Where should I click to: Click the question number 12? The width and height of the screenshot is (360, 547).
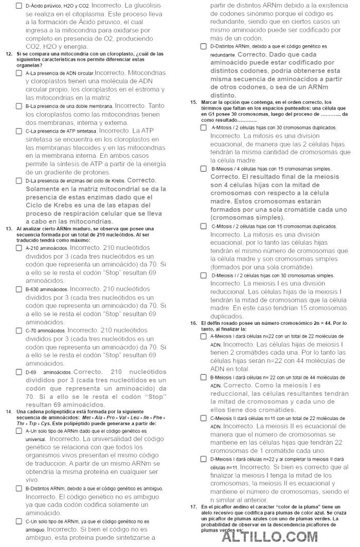coord(9,53)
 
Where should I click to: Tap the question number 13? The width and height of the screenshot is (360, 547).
coord(9,229)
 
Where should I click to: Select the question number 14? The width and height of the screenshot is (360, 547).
coord(9,412)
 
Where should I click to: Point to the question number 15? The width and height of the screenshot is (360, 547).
coord(193,102)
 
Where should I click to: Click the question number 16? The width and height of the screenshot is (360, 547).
coord(193,323)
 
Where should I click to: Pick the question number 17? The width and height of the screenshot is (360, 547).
coord(193,507)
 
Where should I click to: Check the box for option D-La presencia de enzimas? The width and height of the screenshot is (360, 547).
coord(19,181)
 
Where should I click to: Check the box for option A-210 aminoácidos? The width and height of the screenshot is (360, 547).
coord(19,248)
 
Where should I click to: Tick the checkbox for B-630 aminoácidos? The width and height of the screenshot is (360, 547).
coord(19,289)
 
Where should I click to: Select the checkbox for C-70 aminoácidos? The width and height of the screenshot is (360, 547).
coord(19,331)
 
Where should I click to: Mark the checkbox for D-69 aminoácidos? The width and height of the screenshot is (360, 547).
coord(19,372)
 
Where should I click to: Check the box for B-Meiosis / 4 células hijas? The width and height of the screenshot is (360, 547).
coord(204,169)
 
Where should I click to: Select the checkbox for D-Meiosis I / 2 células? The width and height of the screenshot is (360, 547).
coord(204,276)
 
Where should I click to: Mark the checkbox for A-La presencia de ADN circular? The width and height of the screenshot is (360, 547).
coord(19,74)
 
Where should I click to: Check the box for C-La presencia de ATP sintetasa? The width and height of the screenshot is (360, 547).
coord(19,131)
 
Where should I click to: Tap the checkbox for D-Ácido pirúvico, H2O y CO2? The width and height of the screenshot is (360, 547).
coord(19,5)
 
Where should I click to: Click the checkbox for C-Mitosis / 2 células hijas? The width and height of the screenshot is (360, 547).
coord(204,226)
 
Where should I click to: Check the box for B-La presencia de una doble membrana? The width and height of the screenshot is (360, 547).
coord(19,106)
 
